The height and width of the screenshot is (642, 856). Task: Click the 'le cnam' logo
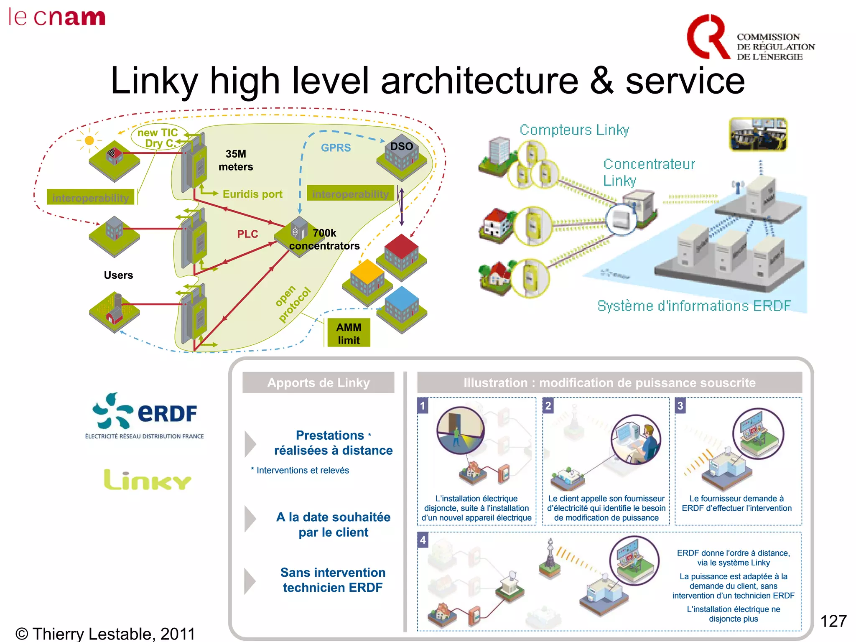tap(57, 18)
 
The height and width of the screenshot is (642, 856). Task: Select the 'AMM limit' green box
tap(349, 333)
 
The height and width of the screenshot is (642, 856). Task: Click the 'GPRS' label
tap(336, 148)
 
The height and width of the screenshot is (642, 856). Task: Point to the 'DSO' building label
tap(401, 147)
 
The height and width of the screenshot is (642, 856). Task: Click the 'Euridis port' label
tap(252, 194)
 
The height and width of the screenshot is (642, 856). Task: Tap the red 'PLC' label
tap(247, 234)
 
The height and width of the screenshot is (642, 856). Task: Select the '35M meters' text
tap(236, 160)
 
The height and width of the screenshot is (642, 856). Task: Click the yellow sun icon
tap(89, 140)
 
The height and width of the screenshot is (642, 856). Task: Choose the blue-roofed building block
tap(402, 307)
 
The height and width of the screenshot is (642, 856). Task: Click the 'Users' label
tap(118, 275)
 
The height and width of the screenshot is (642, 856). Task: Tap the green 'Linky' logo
tap(147, 480)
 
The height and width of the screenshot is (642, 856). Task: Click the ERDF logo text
tap(167, 414)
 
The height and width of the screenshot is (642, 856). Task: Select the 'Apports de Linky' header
tap(318, 382)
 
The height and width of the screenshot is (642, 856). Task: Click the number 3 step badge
tap(680, 405)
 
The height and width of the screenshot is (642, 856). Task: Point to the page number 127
tap(833, 621)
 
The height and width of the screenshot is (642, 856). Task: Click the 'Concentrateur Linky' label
tap(649, 172)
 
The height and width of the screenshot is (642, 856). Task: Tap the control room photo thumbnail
tap(758, 134)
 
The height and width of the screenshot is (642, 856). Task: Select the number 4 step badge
tap(423, 540)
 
